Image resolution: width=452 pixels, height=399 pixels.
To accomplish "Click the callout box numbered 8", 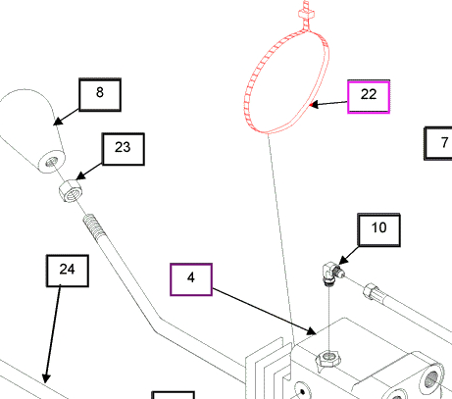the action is click(x=100, y=95).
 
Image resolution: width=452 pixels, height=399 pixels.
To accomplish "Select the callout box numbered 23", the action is click(x=124, y=149).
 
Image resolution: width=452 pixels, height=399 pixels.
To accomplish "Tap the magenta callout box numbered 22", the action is click(x=369, y=97).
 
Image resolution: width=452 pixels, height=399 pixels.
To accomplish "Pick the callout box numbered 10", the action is click(x=379, y=229).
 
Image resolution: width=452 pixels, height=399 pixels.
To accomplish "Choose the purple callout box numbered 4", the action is click(x=191, y=279).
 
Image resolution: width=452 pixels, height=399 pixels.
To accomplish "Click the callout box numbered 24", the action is click(x=68, y=271).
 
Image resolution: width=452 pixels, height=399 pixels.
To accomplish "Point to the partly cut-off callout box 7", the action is click(x=438, y=143).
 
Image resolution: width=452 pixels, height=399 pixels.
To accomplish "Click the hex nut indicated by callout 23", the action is click(x=71, y=191).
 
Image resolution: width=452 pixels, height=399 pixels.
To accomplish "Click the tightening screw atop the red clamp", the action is click(x=306, y=14).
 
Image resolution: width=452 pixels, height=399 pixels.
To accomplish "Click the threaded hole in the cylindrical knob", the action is click(x=52, y=161).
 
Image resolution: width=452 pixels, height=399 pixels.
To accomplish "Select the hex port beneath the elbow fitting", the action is click(x=328, y=359).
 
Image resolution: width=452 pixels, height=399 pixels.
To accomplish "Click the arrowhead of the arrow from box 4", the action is click(x=312, y=331).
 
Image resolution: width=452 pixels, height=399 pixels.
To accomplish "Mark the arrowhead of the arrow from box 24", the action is click(x=46, y=378).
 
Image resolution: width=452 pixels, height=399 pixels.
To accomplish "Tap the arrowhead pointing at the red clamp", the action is click(x=314, y=105).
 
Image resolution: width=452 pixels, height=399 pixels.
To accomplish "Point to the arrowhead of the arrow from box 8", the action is click(x=58, y=122).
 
